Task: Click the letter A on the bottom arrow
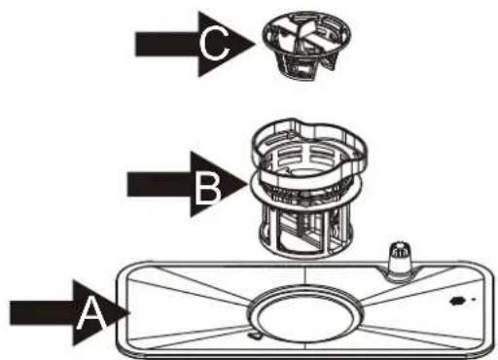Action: [91, 314]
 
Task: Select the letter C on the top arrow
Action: [214, 44]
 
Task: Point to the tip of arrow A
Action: [130, 313]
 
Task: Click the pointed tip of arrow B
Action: [248, 184]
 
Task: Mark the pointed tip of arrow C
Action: [256, 44]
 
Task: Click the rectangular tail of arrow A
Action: [42, 313]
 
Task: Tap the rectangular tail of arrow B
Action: [160, 184]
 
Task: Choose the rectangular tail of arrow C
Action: [167, 44]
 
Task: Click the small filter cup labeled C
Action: [306, 46]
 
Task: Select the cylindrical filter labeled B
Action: [308, 188]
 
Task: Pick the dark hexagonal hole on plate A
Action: [456, 301]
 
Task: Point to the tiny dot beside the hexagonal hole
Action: [474, 300]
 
